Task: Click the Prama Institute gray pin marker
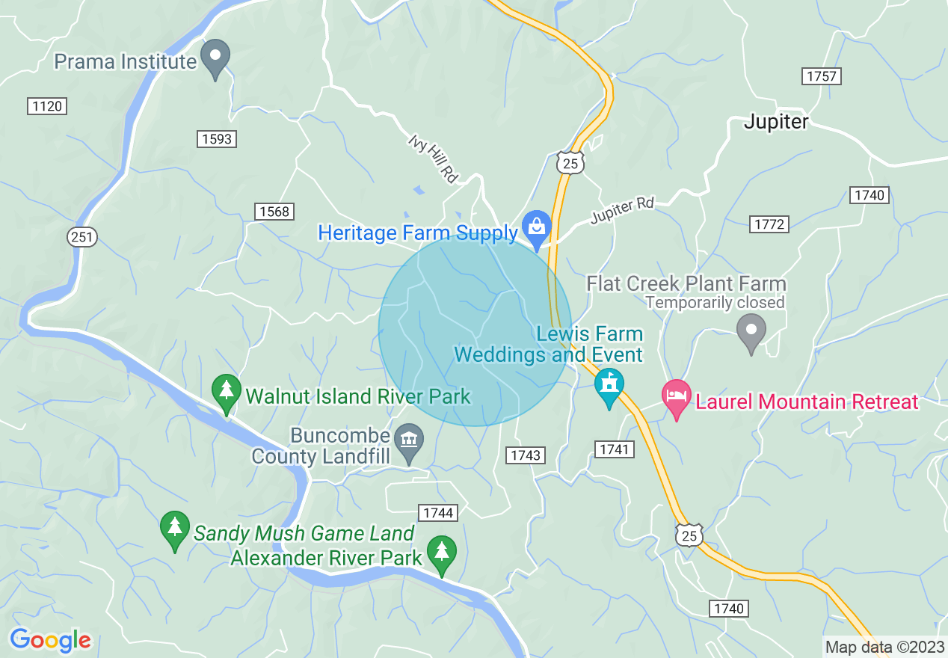coord(216,58)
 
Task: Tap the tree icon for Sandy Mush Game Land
coord(175,529)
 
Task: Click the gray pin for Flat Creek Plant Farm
coord(751,331)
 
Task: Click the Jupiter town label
coord(776,122)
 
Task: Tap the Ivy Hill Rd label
coord(433,158)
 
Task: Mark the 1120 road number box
coord(47,107)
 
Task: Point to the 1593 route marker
coord(217,139)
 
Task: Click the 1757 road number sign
coord(822,76)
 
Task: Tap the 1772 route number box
coord(769,224)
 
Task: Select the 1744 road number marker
coord(437,512)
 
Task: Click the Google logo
coord(50,640)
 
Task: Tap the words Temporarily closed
coord(715,303)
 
